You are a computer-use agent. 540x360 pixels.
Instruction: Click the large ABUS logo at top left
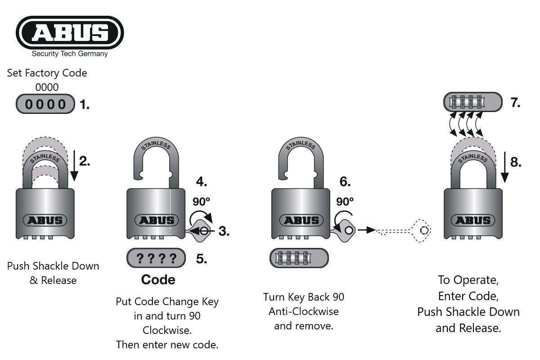coord(70,32)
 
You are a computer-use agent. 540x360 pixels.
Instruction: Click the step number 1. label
coord(84,105)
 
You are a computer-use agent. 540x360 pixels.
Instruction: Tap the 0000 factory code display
coord(45,104)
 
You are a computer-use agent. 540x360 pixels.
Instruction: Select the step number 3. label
coord(224,231)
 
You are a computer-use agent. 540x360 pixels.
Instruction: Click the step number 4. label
coord(202,182)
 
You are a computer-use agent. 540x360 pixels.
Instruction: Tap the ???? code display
coord(156,258)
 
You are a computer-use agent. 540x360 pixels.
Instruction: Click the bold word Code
coord(158,280)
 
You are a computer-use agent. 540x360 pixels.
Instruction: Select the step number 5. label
coord(202,259)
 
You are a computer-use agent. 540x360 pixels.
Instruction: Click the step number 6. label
coord(345,182)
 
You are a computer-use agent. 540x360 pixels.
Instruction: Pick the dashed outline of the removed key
coord(405,230)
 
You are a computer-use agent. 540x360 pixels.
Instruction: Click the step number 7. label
coord(515,103)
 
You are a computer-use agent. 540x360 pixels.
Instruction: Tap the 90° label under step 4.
coord(201,201)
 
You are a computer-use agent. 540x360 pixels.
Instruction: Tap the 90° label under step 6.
coord(345,201)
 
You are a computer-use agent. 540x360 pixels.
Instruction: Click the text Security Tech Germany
coord(70,54)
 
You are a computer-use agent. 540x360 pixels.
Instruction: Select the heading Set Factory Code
coord(47,73)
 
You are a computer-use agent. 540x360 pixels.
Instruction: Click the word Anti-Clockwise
coord(304,311)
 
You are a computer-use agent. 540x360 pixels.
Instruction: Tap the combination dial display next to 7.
coord(472,102)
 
